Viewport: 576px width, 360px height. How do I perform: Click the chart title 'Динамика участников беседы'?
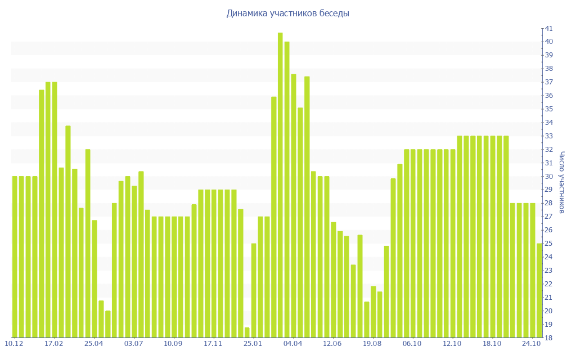click(x=287, y=13)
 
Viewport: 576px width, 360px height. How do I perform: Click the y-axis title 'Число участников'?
click(x=561, y=182)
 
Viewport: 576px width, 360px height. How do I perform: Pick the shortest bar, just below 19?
click(x=247, y=332)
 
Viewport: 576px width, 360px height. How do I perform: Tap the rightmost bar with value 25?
click(x=539, y=290)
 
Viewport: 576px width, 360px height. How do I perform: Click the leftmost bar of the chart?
click(x=15, y=256)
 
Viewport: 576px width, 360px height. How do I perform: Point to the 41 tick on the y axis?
click(x=548, y=28)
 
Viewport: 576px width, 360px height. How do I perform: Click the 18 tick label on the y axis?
click(x=548, y=338)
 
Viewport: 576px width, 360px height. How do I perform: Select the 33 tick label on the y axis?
click(x=548, y=136)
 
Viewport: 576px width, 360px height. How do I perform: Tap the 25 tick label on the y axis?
click(x=548, y=244)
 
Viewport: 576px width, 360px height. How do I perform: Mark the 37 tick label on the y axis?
click(x=548, y=82)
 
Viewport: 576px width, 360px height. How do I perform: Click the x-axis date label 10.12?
click(x=14, y=344)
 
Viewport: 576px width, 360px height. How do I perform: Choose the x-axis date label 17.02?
click(x=54, y=344)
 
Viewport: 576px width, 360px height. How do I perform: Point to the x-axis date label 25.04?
click(x=94, y=344)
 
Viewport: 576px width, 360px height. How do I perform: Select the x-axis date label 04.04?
click(x=293, y=344)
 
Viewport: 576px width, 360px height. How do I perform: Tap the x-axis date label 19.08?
click(x=373, y=344)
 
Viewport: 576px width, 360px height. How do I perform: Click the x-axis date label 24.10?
click(x=532, y=344)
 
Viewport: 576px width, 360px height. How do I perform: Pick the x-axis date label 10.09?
click(x=174, y=344)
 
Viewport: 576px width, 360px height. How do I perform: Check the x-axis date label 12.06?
click(x=333, y=344)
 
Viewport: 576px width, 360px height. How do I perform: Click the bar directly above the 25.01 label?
click(x=254, y=290)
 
